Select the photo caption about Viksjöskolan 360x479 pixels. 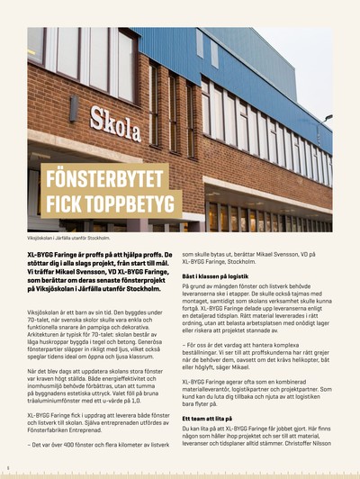coord(67,238)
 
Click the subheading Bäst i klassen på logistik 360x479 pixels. coord(221,276)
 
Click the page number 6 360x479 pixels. coord(7,467)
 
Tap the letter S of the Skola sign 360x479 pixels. coord(97,119)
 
